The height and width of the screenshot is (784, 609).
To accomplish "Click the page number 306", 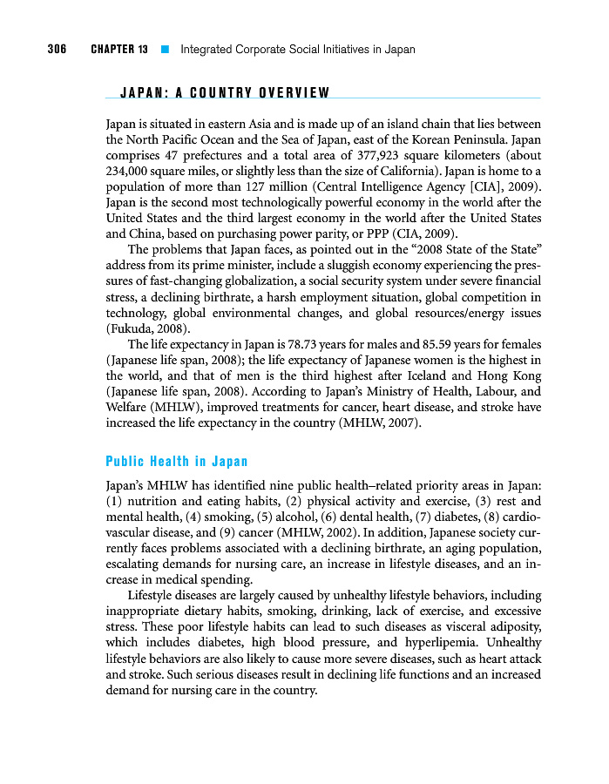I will click(x=57, y=49).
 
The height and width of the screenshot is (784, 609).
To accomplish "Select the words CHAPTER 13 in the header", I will click(x=118, y=49).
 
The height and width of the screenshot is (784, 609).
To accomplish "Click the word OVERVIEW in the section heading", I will click(x=293, y=93).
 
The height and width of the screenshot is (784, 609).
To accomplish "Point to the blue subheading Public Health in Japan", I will click(x=176, y=462).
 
